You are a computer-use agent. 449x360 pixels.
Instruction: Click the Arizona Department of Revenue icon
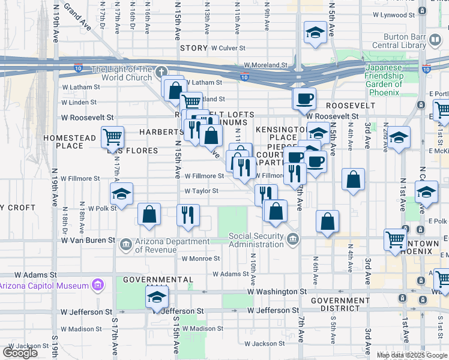(126, 244)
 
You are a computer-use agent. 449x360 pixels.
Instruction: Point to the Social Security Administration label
(256, 240)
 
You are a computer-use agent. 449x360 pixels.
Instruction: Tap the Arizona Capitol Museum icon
(97, 286)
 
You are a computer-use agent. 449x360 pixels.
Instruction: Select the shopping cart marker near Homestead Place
(113, 137)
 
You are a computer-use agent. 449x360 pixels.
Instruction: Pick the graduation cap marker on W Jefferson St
(157, 297)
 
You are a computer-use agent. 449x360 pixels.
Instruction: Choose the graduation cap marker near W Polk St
(121, 194)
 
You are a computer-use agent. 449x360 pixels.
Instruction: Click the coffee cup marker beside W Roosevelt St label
(304, 98)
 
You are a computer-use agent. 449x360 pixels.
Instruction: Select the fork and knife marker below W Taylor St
(188, 215)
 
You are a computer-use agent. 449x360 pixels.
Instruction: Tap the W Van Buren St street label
(88, 240)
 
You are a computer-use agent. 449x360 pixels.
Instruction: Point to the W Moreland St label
(265, 65)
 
